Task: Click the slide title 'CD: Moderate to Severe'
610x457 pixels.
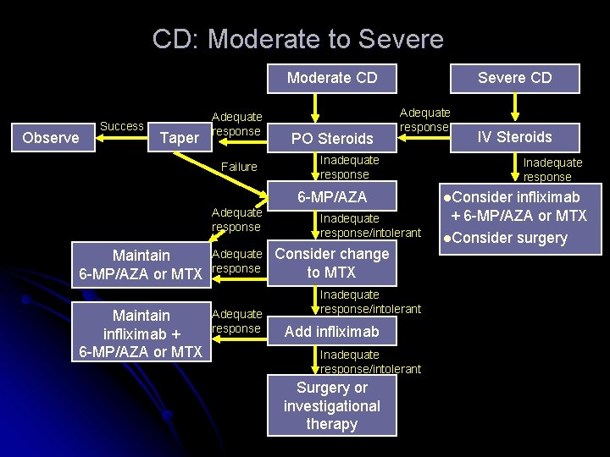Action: point(297,39)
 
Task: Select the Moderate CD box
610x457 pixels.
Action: point(331,78)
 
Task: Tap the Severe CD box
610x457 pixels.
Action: point(514,78)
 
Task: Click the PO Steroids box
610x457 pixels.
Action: point(331,138)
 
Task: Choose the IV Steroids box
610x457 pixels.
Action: point(514,136)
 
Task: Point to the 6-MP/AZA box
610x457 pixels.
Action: point(331,197)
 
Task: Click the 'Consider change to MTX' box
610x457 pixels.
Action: point(331,263)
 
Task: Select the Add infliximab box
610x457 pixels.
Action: point(331,332)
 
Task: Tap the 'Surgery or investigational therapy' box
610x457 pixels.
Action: point(331,405)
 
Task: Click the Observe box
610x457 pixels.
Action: point(51,137)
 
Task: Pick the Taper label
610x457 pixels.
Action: point(179,137)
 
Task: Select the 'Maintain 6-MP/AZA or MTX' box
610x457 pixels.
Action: point(141,264)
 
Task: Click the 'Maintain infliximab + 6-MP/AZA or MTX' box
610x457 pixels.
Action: point(141,333)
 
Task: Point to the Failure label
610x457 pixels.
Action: point(239,167)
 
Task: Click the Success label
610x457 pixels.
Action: point(122,126)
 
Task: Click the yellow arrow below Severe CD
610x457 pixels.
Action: point(514,107)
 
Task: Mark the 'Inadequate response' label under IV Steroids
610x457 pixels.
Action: point(552,169)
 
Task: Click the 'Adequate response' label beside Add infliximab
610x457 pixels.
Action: point(236,322)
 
